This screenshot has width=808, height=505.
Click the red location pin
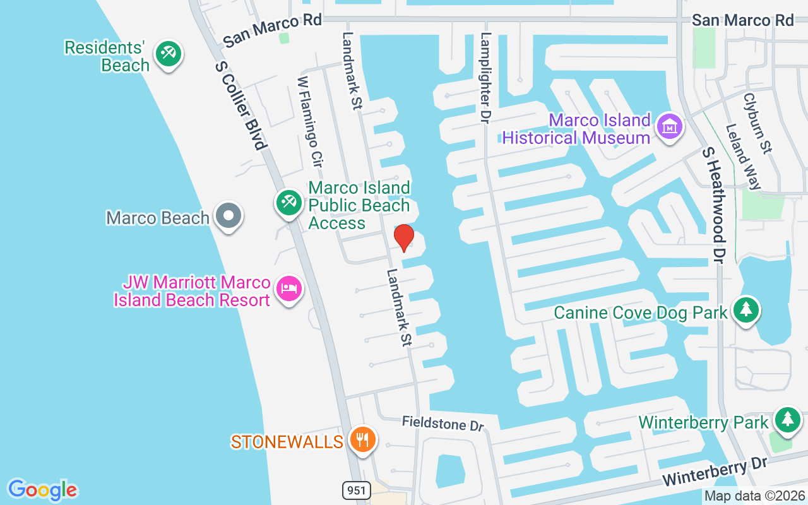coord(403,238)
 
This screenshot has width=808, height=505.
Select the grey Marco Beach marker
coord(228,217)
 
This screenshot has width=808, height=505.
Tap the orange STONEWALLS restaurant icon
coord(362,439)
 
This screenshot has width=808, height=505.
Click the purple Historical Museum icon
coord(670,127)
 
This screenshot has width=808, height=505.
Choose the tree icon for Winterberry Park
coord(787,420)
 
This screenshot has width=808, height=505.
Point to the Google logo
coord(42,490)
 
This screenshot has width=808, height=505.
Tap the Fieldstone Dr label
coord(443,424)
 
